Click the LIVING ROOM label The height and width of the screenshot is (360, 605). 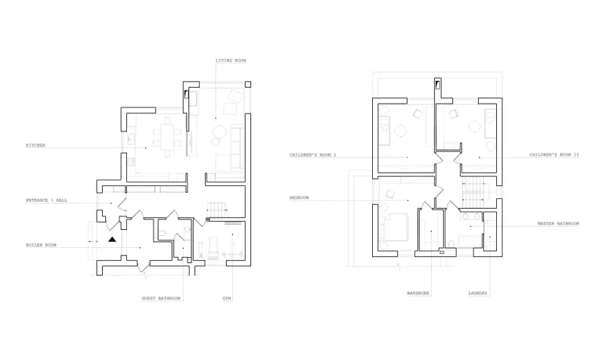(x=231, y=61)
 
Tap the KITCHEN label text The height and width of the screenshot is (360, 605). (x=36, y=145)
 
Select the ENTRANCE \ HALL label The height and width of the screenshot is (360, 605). (x=46, y=200)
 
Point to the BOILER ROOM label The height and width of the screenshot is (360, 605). (x=41, y=245)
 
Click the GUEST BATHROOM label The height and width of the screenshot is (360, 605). (x=161, y=298)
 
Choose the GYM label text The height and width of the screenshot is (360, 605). (x=226, y=298)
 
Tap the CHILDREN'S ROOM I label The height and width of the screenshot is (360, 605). (x=313, y=155)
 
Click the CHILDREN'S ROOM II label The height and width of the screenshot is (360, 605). (x=554, y=155)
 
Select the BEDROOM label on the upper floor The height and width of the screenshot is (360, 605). (x=299, y=198)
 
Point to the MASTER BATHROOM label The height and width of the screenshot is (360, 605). (x=558, y=224)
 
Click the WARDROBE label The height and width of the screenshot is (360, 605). (x=418, y=293)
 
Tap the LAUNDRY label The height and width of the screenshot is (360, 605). (x=478, y=293)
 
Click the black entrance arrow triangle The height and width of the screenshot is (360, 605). (x=112, y=239)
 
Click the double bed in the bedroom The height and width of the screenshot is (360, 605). (x=395, y=227)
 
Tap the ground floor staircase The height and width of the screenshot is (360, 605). (x=216, y=209)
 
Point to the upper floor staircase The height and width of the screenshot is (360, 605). (x=473, y=192)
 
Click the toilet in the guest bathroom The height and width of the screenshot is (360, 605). (x=163, y=233)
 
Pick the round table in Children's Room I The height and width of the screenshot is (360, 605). (x=401, y=129)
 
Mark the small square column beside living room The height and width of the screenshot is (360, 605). (x=248, y=84)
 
